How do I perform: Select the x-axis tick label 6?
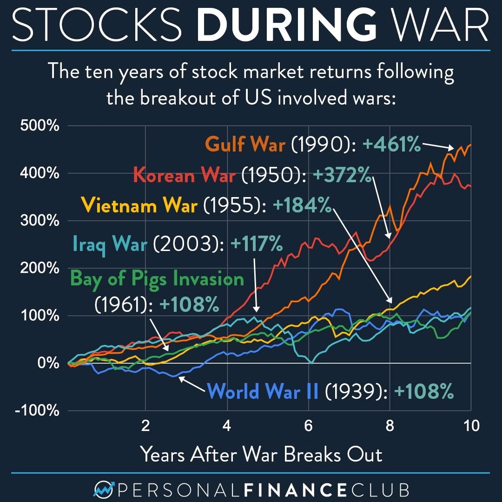click(x=308, y=426)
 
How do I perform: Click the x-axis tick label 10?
click(x=470, y=426)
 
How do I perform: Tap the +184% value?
click(x=301, y=205)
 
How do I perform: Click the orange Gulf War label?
click(x=245, y=145)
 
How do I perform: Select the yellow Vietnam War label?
click(x=139, y=205)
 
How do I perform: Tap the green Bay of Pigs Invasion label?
click(x=157, y=279)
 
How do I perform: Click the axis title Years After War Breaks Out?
click(x=261, y=454)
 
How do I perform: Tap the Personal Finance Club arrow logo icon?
click(x=104, y=489)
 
